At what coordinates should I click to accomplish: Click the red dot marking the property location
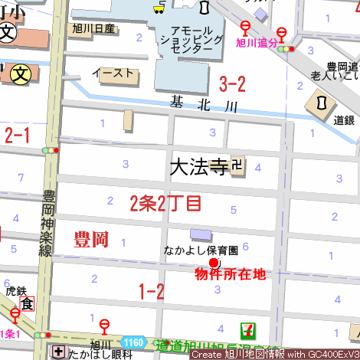click(214, 262)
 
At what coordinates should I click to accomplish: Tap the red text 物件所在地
click(230, 274)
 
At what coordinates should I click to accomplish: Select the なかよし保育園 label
click(201, 250)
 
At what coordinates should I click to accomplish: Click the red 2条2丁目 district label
click(165, 203)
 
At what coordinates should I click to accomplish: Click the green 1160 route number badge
click(133, 342)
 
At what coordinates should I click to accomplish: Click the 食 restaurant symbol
click(27, 304)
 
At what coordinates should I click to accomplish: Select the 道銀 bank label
click(344, 119)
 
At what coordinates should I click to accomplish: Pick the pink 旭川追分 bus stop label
click(256, 44)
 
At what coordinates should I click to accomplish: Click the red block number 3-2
click(232, 83)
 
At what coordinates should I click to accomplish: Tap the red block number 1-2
click(151, 291)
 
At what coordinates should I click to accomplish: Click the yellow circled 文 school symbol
click(23, 76)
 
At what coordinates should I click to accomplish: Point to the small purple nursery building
click(199, 234)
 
